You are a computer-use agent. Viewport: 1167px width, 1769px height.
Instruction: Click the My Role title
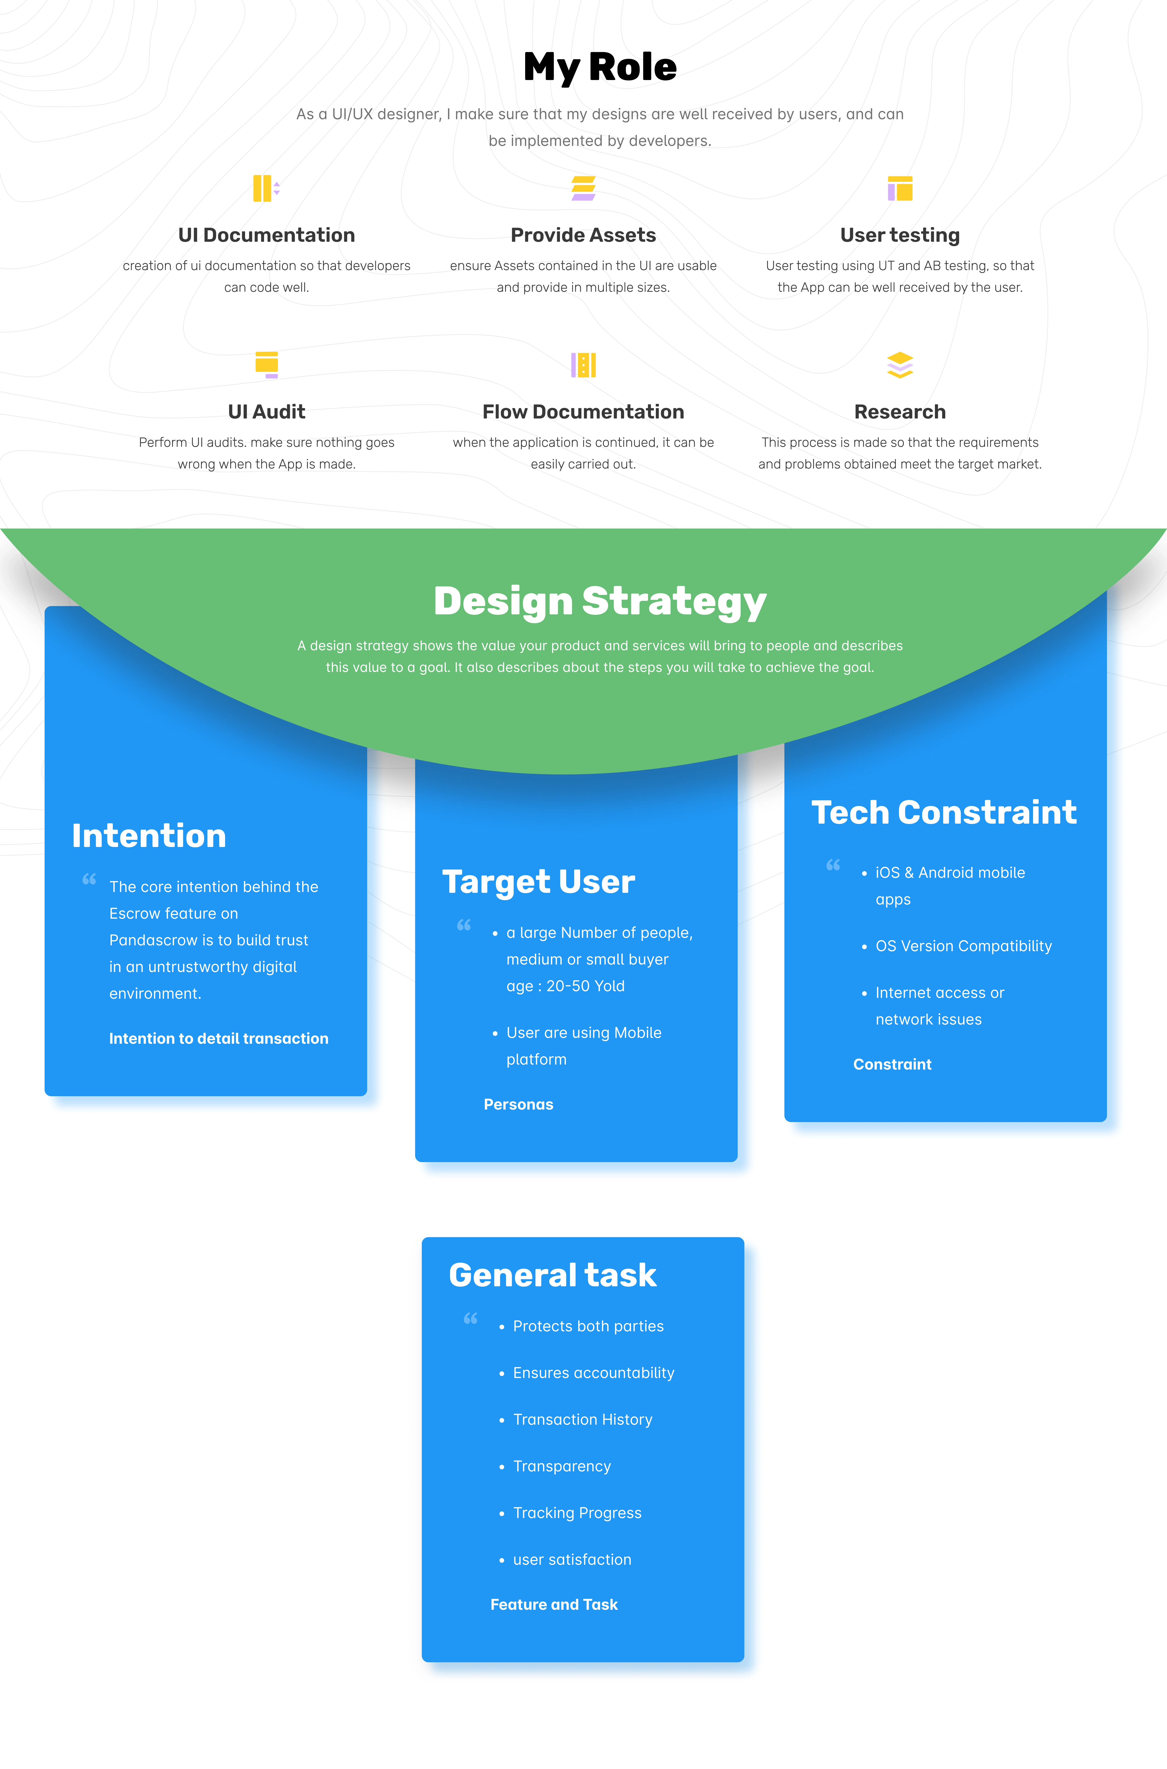600,67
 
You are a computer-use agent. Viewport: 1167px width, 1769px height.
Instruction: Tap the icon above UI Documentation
266,188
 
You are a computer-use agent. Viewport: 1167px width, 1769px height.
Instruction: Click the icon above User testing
900,188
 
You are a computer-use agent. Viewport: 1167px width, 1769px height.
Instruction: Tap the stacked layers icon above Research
900,365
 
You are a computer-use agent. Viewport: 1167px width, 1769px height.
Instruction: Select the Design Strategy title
600,601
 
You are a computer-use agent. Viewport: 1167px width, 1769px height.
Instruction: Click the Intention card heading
149,836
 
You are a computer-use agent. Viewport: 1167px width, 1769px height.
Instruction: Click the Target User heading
538,882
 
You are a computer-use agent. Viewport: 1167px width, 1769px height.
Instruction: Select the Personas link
519,1104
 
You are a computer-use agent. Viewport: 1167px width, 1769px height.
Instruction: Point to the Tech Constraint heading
944,812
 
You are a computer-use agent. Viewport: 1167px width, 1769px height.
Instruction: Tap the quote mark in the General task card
470,1319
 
